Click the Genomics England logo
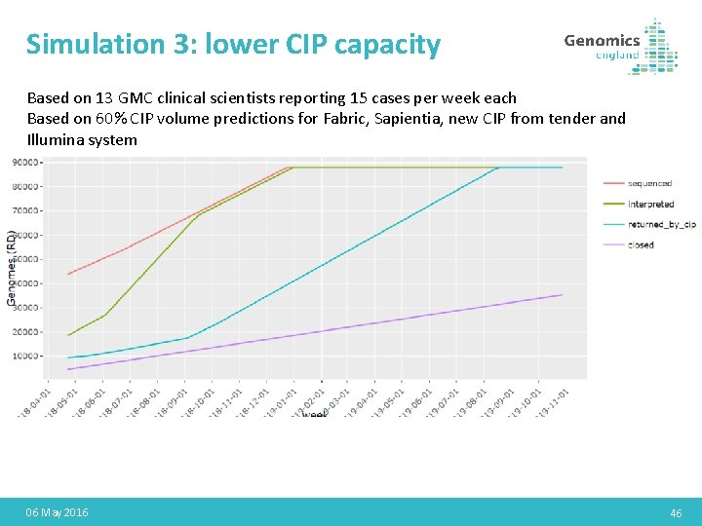(x=621, y=46)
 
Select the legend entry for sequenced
(x=649, y=183)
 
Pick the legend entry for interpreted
(x=650, y=204)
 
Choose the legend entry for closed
(x=641, y=244)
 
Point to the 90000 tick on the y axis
(x=25, y=162)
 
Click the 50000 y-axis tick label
(x=25, y=259)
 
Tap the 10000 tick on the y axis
(x=25, y=357)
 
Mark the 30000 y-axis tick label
(x=25, y=308)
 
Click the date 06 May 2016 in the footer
(x=58, y=512)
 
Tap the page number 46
(x=676, y=512)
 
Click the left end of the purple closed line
(x=68, y=369)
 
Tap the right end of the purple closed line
(x=563, y=295)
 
